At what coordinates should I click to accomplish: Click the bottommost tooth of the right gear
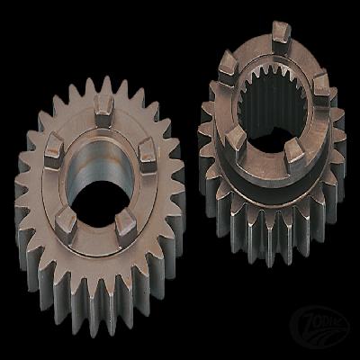(x=270, y=261)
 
